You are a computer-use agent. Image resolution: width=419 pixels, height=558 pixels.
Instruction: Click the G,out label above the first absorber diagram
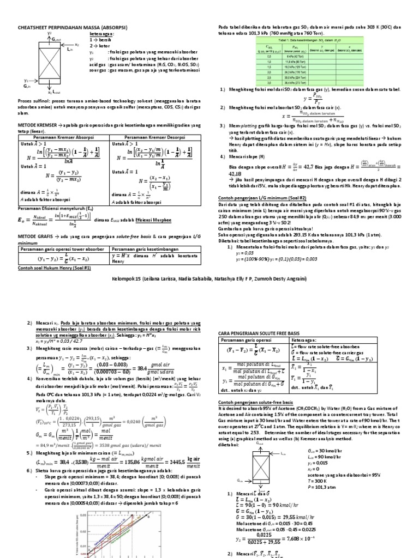[x=59, y=39]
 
